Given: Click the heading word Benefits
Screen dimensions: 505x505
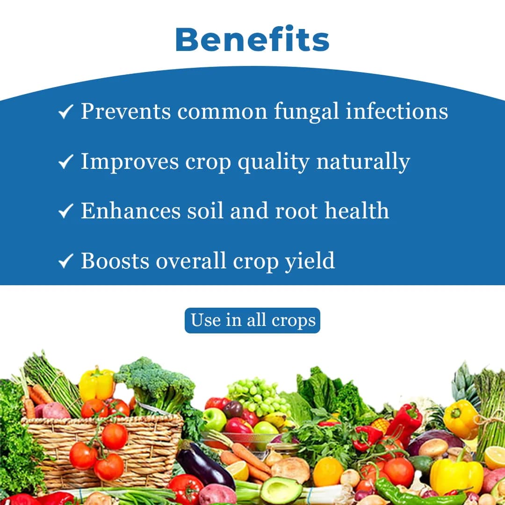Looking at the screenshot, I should pos(252,40).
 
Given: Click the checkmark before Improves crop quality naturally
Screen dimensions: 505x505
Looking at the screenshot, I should pos(65,162).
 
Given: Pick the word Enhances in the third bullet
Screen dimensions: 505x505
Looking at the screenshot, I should pos(130,210).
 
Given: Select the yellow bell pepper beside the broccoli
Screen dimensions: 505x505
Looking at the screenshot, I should pos(97,384).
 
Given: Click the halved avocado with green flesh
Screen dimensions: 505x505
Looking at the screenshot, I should pos(281,491).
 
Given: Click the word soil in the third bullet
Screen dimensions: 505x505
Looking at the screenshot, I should pos(203,210).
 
